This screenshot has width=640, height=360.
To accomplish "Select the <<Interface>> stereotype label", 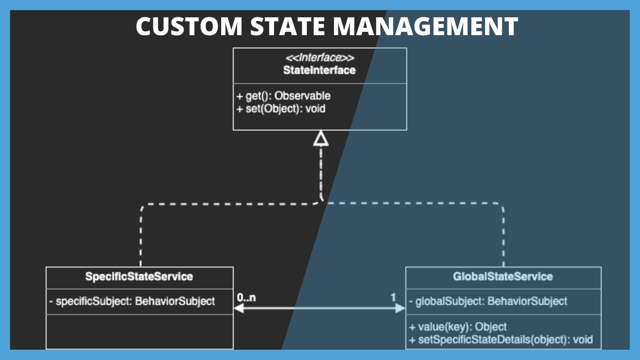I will click(320, 58).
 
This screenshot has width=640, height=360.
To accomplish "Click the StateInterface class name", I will click(320, 70).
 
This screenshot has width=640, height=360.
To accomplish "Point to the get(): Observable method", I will click(283, 96).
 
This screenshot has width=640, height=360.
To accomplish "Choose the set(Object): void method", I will click(281, 109).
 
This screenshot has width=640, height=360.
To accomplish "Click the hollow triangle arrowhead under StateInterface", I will click(321, 138).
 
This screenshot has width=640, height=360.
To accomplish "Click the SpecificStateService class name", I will click(139, 277).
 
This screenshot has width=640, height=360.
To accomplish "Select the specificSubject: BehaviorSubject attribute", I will click(132, 301).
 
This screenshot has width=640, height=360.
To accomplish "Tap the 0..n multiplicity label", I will click(246, 297).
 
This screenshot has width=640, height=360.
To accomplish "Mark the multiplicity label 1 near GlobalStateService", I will click(393, 297).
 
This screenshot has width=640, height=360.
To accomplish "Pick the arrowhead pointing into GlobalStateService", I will click(400, 308).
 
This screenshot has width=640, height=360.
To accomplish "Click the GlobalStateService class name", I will click(503, 277).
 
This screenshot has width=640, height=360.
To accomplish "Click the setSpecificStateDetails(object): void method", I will click(500, 339).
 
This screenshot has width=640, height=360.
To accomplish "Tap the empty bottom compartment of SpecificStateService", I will click(139, 331).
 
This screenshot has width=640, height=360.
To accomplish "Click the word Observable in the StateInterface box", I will click(302, 96).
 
